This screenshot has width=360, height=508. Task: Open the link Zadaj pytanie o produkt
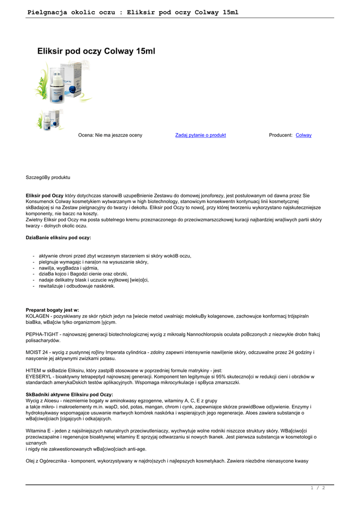(201, 135)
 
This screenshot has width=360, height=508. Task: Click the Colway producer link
(303, 135)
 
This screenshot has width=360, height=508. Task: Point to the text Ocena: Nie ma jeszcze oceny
(110, 135)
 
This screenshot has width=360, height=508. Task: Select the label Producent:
(281, 135)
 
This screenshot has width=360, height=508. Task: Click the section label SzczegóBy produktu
(48, 177)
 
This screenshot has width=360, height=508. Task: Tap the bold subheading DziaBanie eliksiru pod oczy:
(59, 238)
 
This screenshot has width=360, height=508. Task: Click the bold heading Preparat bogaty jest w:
(52, 310)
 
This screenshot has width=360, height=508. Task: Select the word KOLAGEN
(37, 316)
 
